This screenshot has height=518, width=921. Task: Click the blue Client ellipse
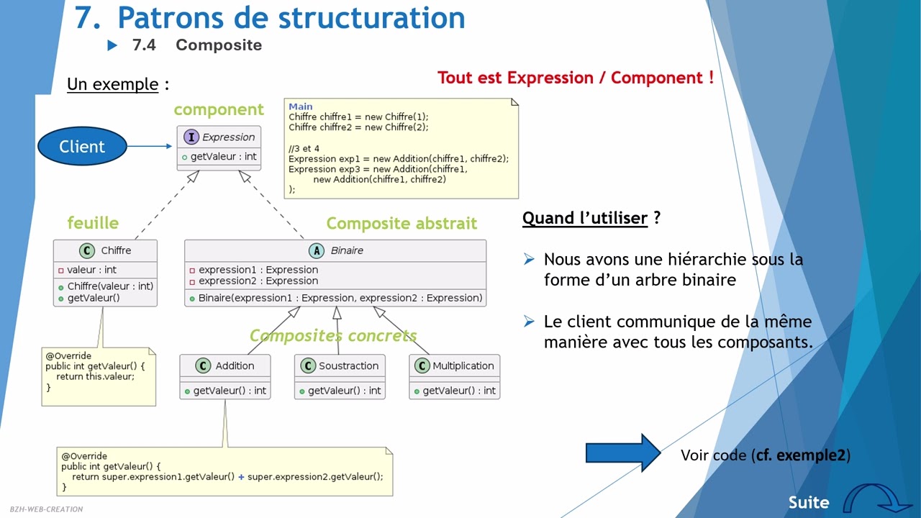82,147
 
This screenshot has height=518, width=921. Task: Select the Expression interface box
219,148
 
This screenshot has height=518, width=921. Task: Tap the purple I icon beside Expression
191,137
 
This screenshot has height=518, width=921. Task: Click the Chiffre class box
105,273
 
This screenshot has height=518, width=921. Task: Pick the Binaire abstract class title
346,250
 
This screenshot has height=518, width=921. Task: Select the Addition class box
224,377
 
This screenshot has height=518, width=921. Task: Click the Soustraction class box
339,377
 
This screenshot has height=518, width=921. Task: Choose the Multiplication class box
454,377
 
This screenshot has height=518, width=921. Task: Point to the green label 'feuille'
93,223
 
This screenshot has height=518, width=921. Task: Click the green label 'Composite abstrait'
401,224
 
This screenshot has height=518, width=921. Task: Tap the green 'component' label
219,110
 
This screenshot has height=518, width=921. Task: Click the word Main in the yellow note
301,106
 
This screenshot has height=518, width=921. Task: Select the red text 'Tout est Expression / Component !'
576,78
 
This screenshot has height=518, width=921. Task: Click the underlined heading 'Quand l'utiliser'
585,218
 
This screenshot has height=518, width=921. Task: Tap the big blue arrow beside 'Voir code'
622,453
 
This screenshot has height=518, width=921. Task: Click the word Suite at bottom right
809,502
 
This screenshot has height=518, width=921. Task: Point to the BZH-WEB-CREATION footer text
46,509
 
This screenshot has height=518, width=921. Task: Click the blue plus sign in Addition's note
241,476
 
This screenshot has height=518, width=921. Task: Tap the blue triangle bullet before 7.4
112,45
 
